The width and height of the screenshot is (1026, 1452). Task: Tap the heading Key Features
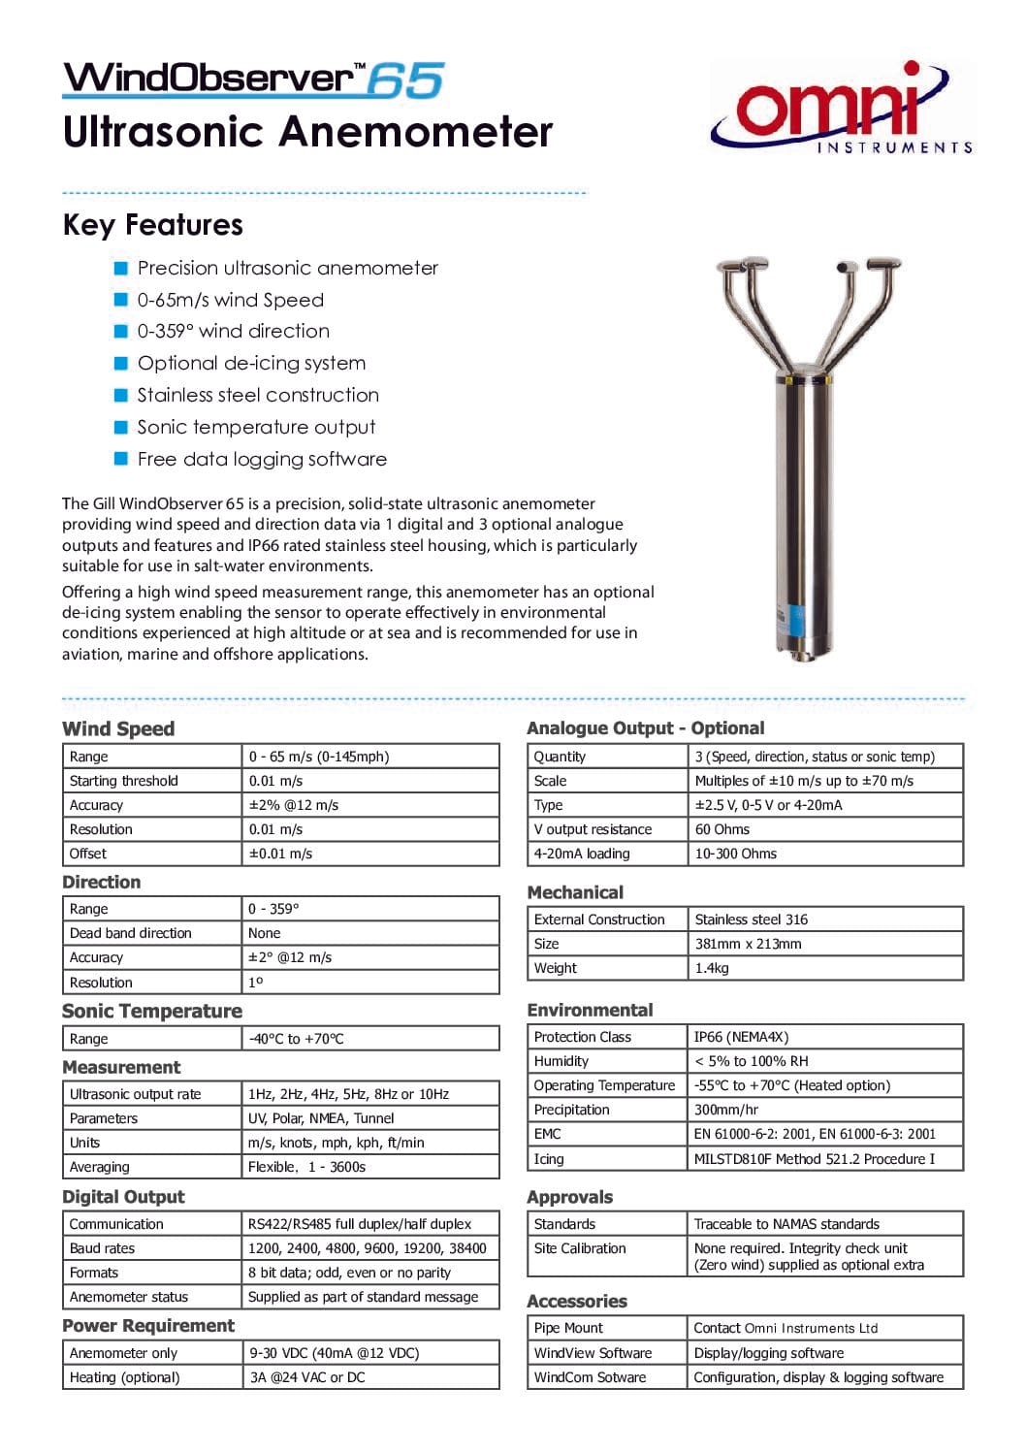tap(152, 225)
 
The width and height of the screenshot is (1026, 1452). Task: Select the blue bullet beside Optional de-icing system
tap(121, 364)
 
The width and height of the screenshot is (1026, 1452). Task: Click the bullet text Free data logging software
tap(262, 460)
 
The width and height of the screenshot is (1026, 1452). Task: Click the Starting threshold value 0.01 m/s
tap(275, 781)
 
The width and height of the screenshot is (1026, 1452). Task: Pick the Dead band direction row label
tap(131, 933)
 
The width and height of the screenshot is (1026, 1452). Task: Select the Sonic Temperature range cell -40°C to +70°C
tap(296, 1039)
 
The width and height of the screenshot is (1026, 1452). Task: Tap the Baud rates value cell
tap(367, 1248)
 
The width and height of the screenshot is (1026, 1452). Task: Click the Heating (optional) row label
tap(124, 1377)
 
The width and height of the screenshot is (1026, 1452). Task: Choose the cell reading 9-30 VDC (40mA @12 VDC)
tap(334, 1353)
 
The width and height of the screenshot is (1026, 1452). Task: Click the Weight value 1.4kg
tap(712, 968)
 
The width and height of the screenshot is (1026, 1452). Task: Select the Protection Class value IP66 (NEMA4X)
tap(741, 1037)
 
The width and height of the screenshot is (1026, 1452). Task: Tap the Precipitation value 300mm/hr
tap(726, 1110)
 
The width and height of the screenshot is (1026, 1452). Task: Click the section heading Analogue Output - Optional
tap(645, 728)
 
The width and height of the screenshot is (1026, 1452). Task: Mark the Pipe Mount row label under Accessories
tap(568, 1328)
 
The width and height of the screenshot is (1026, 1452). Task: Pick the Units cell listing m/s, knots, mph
tap(336, 1143)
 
